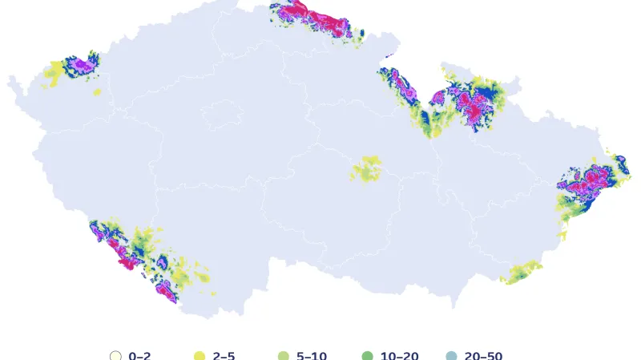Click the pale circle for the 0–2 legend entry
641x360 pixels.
point(115,356)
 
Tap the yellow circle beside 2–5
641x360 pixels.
point(200,356)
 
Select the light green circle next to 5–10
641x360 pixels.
point(283,356)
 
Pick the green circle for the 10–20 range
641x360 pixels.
point(368,356)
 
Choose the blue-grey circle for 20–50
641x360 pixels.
point(450,356)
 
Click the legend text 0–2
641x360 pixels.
point(139,356)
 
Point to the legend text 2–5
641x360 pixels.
point(224,356)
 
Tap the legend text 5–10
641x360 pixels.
point(311,356)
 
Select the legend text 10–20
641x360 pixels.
point(399,356)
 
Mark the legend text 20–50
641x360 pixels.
point(483,356)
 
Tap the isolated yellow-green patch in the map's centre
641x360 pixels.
point(368,169)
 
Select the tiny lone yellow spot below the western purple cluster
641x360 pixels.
point(97,92)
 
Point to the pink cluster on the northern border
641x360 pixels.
point(320,19)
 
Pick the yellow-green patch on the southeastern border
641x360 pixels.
point(522,272)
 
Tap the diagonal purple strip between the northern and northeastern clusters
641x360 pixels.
point(405,88)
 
